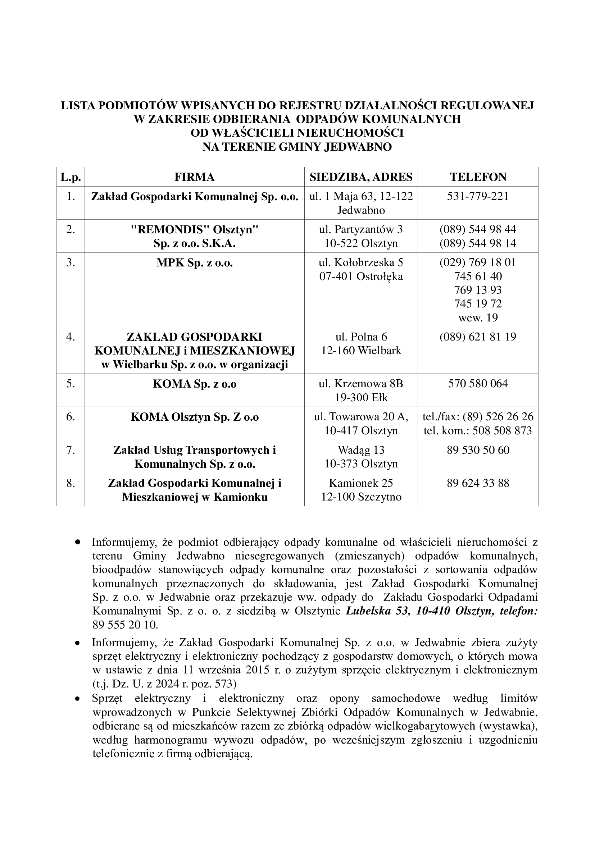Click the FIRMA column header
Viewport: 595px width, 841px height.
194,177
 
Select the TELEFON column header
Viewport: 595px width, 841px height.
478,177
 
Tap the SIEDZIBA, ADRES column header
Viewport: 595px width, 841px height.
361,177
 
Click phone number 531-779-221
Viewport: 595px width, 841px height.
478,197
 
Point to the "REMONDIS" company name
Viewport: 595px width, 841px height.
172,230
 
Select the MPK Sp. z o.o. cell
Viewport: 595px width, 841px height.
194,263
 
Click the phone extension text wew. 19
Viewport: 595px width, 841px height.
478,318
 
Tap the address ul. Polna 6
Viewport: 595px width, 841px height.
361,337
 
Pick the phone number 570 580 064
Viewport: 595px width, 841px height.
478,384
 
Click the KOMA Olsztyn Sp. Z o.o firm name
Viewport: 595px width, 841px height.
194,417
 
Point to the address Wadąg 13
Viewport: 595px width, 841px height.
361,450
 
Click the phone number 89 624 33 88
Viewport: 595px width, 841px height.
478,484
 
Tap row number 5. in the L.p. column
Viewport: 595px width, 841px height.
71,384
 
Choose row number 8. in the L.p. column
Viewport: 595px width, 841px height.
71,484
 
